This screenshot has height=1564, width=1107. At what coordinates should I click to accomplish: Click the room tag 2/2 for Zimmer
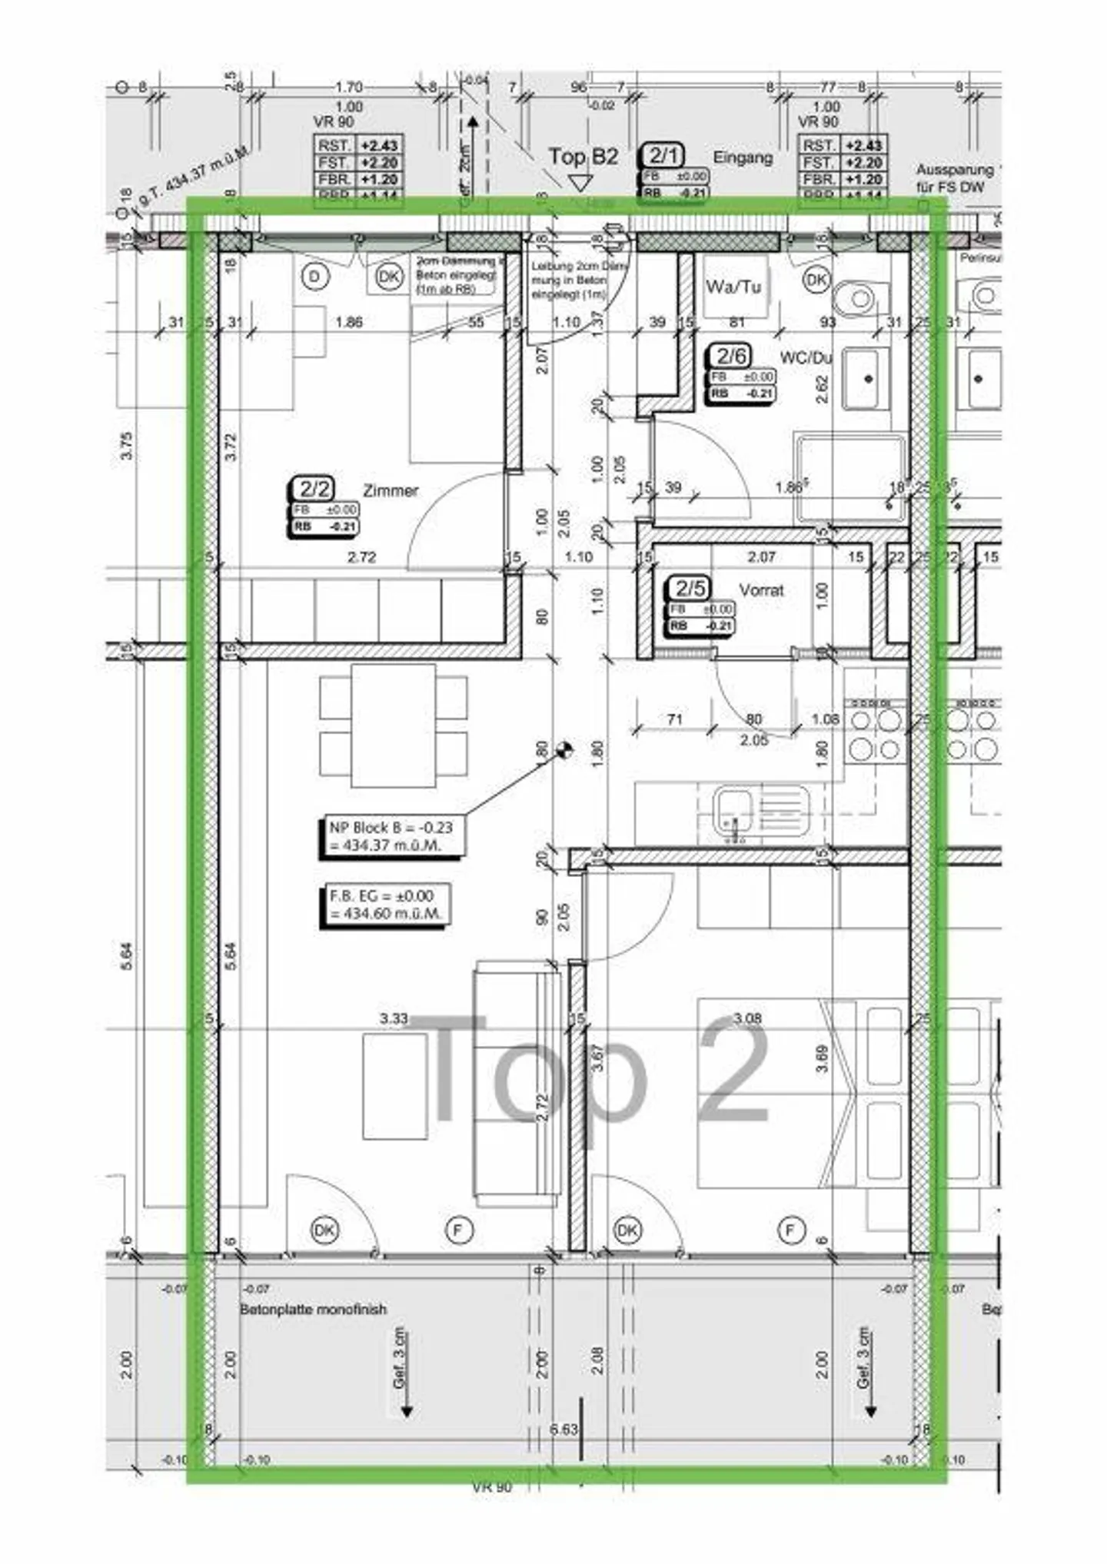(314, 489)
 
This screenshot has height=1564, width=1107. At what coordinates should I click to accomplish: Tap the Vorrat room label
(761, 590)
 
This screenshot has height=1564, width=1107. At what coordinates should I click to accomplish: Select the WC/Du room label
(806, 358)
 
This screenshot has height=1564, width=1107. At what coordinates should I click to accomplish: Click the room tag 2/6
(731, 356)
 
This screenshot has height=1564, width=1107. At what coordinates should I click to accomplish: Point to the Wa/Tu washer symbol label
(733, 287)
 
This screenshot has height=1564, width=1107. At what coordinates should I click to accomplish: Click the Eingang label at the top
(743, 158)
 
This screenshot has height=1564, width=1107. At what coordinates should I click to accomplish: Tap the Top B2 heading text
(583, 157)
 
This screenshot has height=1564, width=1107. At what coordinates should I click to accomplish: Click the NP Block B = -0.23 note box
(391, 836)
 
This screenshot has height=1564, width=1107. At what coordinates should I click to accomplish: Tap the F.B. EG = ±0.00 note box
(383, 905)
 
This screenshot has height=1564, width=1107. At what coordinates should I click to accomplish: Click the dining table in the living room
(393, 726)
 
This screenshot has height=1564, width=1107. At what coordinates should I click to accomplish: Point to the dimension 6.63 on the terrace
(563, 1430)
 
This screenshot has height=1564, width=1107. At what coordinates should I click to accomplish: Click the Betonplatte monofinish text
(313, 1310)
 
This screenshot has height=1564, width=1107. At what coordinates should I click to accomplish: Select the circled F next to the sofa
(458, 1230)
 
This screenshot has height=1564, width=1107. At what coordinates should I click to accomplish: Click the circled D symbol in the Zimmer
(314, 277)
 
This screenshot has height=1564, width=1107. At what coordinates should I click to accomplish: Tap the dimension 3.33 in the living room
(393, 1018)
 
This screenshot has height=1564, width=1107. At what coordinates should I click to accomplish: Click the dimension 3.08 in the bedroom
(746, 1018)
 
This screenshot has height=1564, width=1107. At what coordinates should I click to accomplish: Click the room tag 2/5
(690, 589)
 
